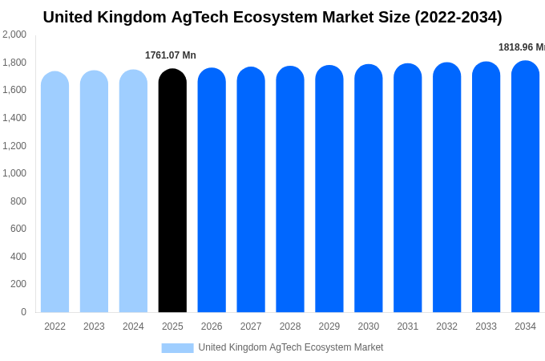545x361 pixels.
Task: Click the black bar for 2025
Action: [x=172, y=193]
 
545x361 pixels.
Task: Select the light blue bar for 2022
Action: [x=54, y=193]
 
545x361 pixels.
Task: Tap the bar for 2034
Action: [x=525, y=189]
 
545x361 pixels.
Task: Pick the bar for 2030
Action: [x=369, y=190]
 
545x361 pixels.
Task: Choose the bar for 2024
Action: [x=133, y=193]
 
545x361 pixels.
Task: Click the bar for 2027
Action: [x=251, y=191]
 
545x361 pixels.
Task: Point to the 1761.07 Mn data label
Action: [x=170, y=55]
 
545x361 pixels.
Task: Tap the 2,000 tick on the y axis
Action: [x=14, y=34]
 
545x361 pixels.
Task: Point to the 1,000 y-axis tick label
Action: [x=14, y=173]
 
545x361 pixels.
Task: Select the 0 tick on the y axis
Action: [x=23, y=312]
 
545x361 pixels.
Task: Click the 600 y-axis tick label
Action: [x=18, y=229]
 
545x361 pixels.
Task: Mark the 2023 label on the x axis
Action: [x=94, y=327]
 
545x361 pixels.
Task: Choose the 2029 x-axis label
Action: [x=329, y=327]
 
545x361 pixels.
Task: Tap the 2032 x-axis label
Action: [x=446, y=327]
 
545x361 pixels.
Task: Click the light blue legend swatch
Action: [x=177, y=348]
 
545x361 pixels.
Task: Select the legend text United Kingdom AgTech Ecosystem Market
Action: [x=291, y=347]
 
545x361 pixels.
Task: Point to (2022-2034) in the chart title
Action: [x=458, y=17]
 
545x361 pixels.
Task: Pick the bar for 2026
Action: [x=212, y=191]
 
